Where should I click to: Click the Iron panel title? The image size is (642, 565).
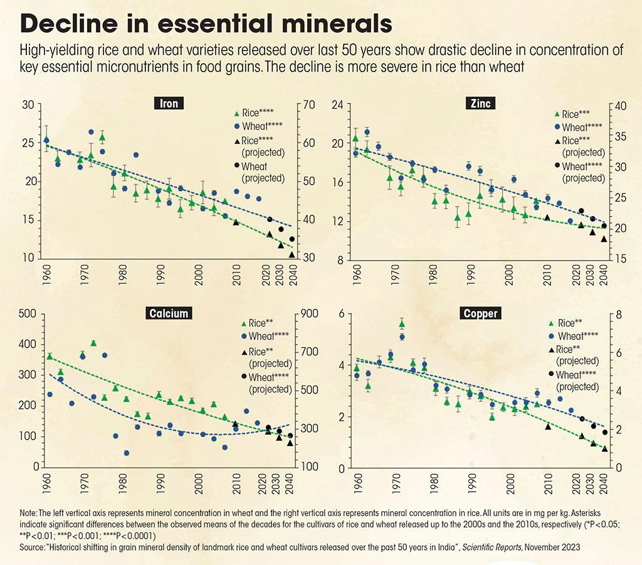[169, 104]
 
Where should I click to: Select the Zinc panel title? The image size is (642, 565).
[479, 104]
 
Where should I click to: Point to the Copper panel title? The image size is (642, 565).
[480, 313]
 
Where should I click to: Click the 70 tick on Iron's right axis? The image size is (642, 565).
[308, 105]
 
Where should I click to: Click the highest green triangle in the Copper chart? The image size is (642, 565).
[402, 323]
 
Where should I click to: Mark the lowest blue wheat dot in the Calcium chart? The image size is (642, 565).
[126, 453]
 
